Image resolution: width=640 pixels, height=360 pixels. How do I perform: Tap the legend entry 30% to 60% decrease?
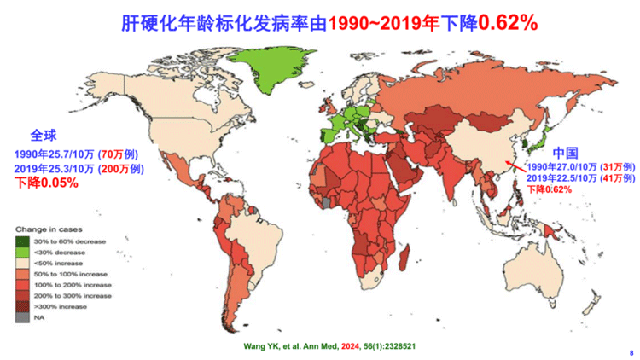click(67, 242)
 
